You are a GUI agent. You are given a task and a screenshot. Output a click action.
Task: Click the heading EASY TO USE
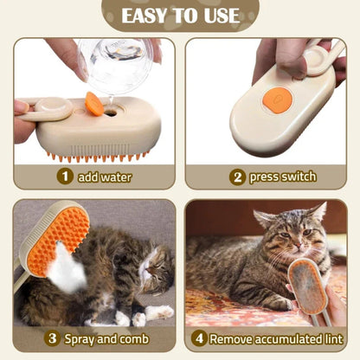[x=179, y=16]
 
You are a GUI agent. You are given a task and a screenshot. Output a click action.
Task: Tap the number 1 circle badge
[x=65, y=177]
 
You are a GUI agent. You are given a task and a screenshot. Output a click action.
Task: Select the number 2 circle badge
[x=236, y=177]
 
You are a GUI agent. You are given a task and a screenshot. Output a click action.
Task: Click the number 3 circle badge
[x=51, y=338]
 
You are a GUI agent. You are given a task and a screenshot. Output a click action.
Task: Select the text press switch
[x=282, y=177]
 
